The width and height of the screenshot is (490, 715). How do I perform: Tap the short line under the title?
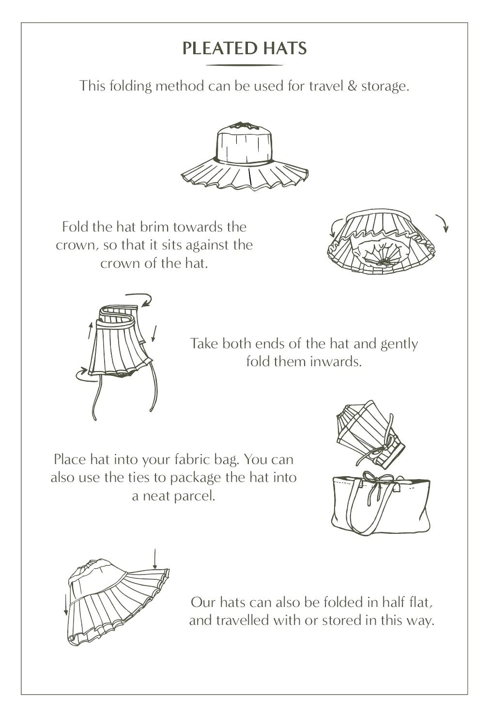pos(245,65)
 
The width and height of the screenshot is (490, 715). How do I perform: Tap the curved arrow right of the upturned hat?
pos(443,222)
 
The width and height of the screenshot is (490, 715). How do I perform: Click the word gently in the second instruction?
pos(399,344)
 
